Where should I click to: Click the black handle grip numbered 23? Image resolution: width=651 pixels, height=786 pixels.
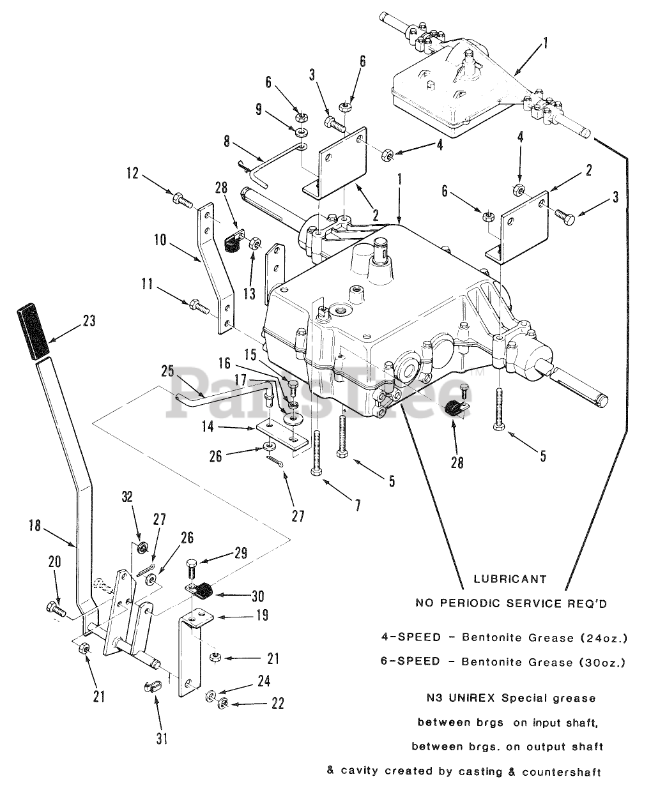pyautogui.click(x=30, y=333)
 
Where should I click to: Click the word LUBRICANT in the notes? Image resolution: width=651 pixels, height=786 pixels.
pyautogui.click(x=510, y=579)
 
